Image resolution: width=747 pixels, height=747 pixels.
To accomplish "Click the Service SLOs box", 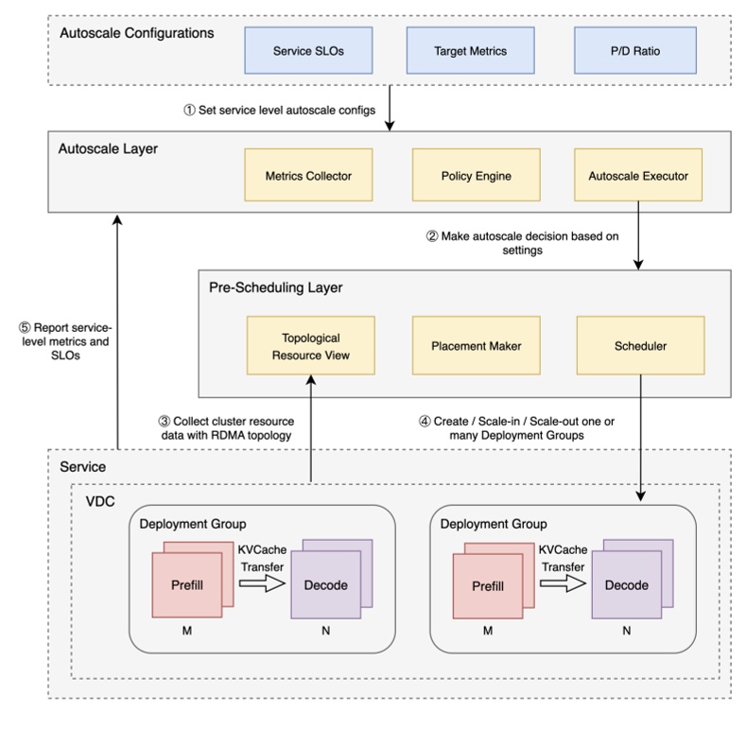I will (308, 50).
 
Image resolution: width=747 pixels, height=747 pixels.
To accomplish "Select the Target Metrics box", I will (470, 50).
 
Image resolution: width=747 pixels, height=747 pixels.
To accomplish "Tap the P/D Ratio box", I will (634, 50).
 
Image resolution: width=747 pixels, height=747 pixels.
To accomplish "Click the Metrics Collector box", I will (308, 175).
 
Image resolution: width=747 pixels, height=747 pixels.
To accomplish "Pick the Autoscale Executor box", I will (638, 175).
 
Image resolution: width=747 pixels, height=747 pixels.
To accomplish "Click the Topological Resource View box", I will (310, 346).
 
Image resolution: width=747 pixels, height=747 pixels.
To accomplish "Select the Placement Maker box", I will (476, 346).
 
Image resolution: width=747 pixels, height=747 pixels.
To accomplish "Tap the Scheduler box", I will (640, 346).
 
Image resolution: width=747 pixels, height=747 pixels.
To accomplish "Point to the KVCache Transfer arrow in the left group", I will (262, 585).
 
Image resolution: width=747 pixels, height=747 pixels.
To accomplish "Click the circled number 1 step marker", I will (189, 110).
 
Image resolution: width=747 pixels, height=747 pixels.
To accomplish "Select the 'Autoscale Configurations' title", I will (136, 33).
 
